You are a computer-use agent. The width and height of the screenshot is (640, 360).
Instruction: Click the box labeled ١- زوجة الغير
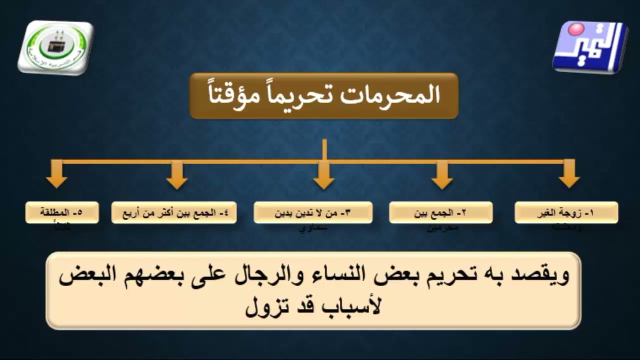pos(566,212)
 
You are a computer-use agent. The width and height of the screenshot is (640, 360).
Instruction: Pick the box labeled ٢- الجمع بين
pos(440,212)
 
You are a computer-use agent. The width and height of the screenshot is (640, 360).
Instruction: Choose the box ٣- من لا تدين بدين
pos(312,212)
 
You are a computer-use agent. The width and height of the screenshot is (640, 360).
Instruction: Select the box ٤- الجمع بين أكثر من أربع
pos(173,212)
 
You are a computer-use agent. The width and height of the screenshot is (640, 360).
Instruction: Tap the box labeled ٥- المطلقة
pos(62,212)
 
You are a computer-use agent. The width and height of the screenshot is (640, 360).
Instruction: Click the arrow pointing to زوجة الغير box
pos(569,175)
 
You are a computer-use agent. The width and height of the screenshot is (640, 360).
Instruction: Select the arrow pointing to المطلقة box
pos(56,175)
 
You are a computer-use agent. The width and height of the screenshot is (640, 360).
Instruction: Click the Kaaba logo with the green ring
pos(55,47)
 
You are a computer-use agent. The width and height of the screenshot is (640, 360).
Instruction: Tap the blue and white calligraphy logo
pos(590,47)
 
